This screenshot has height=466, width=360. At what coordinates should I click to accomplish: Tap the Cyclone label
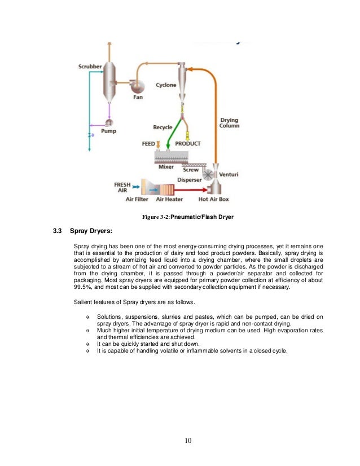[166, 85]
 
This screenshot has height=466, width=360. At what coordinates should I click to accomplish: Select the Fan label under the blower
[138, 97]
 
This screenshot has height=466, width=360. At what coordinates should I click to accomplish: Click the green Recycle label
[163, 128]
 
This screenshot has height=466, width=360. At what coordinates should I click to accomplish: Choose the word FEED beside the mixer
[148, 144]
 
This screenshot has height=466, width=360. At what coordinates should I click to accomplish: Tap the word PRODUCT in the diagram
[187, 144]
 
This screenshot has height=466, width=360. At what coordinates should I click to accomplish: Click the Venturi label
[229, 174]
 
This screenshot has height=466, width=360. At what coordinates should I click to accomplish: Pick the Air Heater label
[168, 199]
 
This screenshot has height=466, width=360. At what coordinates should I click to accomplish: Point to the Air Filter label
[137, 199]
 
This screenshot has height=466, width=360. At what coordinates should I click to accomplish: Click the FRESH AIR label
[122, 187]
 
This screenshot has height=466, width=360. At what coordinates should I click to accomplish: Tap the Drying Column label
[229, 122]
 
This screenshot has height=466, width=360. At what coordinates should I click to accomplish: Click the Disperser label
[190, 180]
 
